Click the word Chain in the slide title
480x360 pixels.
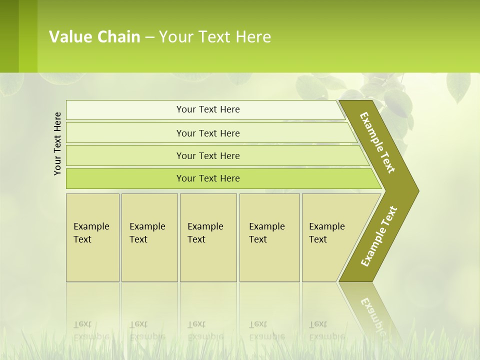click(x=119, y=37)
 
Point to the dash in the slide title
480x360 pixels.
click(x=149, y=37)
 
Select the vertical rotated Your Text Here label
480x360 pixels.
click(x=57, y=144)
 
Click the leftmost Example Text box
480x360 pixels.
click(x=92, y=237)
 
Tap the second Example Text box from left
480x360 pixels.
click(x=149, y=237)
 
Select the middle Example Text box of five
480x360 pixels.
click(x=208, y=237)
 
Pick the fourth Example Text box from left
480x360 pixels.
click(x=269, y=237)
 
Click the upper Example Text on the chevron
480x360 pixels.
click(x=377, y=142)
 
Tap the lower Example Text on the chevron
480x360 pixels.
click(x=378, y=236)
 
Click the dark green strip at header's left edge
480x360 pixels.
click(x=9, y=36)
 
